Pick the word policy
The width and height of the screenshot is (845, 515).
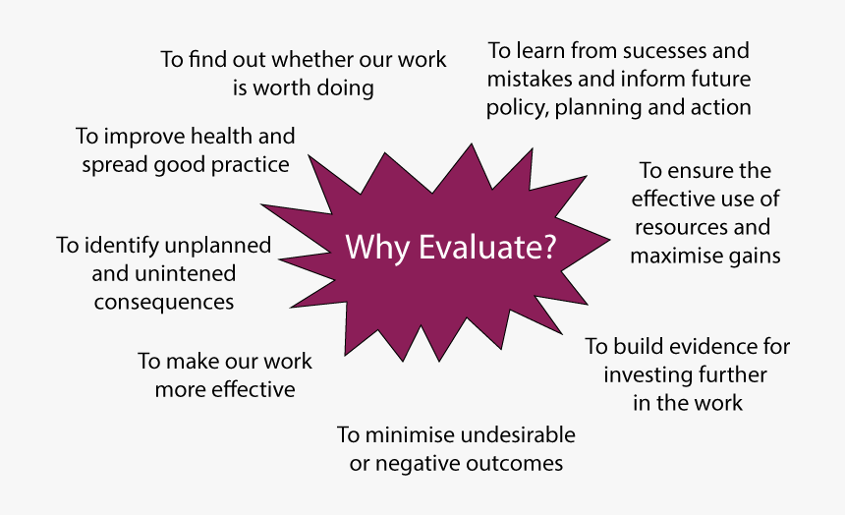coord(518,107)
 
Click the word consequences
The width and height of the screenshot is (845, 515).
coord(164,301)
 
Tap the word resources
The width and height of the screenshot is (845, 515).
coord(679,227)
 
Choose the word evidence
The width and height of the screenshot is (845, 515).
coord(701,346)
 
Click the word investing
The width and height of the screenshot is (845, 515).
coord(647,374)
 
